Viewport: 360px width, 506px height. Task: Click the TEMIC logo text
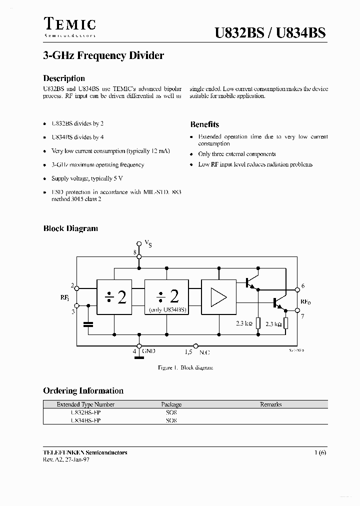[69, 24]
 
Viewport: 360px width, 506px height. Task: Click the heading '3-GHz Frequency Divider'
[103, 56]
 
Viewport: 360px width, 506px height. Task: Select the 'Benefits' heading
[204, 124]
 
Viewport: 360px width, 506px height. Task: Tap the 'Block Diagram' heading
[70, 228]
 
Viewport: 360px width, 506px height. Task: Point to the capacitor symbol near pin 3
[89, 324]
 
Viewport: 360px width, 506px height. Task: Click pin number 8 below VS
[134, 252]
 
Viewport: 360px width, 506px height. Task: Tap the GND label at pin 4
[148, 351]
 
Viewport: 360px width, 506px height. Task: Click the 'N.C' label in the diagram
[204, 352]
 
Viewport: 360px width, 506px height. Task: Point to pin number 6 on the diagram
[303, 286]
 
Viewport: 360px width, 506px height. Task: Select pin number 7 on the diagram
[303, 316]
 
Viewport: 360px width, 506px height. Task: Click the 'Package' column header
[171, 404]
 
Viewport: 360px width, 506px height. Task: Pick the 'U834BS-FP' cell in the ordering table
[85, 420]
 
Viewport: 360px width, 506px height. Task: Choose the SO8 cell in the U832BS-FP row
[171, 413]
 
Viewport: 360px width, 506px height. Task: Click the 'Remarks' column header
[270, 404]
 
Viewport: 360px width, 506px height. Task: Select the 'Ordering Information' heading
[83, 390]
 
